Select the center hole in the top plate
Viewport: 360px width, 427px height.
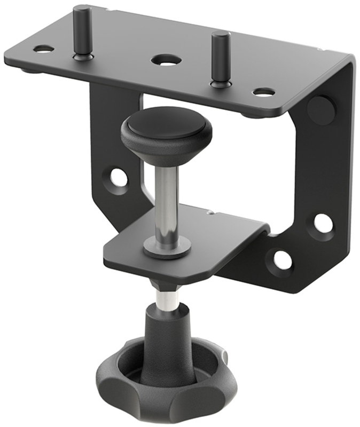point(165,60)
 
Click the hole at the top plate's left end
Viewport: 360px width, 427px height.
point(43,49)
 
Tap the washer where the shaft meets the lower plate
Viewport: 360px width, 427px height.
point(167,248)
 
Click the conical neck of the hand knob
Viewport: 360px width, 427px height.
point(168,336)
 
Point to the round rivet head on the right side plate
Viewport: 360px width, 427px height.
point(322,110)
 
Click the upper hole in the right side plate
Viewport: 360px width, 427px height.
point(323,224)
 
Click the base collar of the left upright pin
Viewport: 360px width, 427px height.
point(83,56)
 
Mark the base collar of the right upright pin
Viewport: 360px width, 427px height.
point(218,83)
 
